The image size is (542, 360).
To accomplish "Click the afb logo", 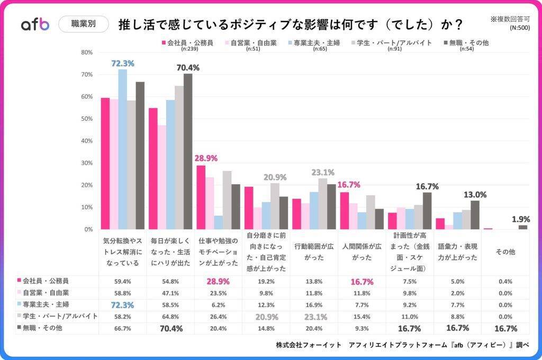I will [35, 24].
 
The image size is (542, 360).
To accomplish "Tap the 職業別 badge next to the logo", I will [83, 24].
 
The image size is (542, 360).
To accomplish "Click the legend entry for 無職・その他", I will [464, 42].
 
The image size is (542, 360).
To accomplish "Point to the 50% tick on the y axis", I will [87, 119].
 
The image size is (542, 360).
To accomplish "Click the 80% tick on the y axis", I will [87, 52].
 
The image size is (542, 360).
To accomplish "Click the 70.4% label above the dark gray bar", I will [188, 68].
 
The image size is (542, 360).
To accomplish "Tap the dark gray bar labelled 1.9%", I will [522, 227].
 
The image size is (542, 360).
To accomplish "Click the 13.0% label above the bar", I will [474, 195].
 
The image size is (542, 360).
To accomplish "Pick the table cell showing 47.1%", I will [170, 293].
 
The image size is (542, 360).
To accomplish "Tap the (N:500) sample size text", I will [519, 28].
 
